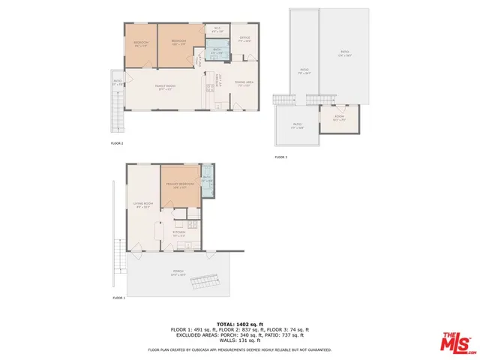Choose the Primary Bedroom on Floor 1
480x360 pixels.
click(181, 185)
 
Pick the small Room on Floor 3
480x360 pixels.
click(340, 118)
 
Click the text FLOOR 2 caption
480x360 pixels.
click(117, 142)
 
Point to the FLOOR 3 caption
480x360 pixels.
click(280, 157)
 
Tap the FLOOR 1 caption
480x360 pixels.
click(118, 298)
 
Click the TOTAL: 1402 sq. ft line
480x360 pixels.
click(241, 323)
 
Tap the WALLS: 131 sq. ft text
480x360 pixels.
click(241, 342)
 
